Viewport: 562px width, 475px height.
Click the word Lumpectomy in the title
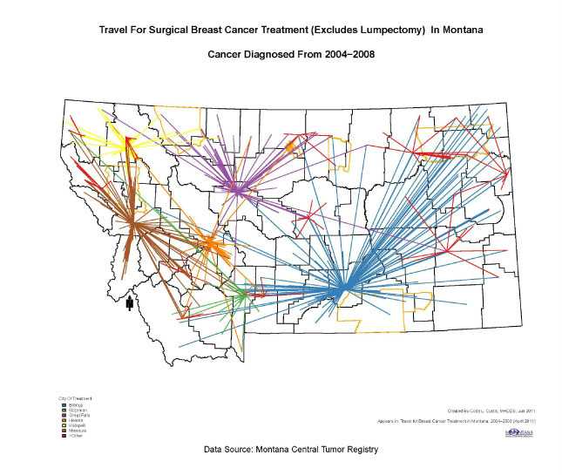pos(378,31)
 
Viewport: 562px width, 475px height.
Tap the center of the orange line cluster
pos(209,243)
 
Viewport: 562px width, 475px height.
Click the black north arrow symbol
pos(130,303)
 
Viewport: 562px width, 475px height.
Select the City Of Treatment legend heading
pos(73,397)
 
